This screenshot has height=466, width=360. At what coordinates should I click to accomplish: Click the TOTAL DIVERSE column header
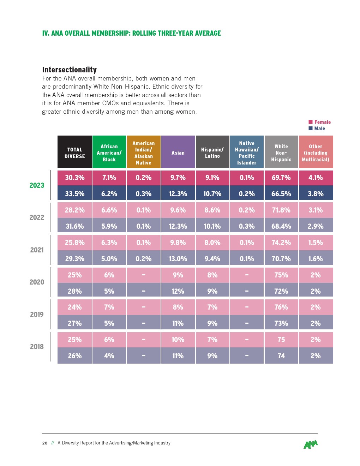point(74,153)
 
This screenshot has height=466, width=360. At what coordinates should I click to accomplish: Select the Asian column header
point(178,153)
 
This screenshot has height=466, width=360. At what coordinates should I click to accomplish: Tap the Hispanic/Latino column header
point(212,153)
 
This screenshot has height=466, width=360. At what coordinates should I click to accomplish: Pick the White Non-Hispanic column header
point(281,153)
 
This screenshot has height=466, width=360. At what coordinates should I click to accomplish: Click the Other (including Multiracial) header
point(316,153)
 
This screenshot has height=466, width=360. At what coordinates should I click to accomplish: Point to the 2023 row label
point(37,185)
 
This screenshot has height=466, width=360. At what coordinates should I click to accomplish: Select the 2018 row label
point(37,347)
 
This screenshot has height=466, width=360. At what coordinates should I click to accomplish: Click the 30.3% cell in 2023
point(74,178)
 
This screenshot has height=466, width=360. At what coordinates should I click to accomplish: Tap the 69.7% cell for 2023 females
point(281,178)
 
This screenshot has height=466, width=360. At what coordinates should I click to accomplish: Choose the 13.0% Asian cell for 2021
point(178,259)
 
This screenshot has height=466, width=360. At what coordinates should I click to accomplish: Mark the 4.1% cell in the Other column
point(316,178)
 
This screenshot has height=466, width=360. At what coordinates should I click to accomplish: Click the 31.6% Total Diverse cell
point(74,226)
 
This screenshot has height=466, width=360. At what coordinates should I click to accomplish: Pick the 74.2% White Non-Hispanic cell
point(281,243)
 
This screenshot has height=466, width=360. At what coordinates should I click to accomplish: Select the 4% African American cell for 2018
point(109,356)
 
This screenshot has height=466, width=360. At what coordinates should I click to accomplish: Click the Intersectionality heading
point(70,70)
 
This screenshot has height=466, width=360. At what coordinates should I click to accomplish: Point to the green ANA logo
point(311,444)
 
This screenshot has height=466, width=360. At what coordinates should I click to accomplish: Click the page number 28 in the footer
point(45,443)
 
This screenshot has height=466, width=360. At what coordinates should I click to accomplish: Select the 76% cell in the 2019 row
point(281,307)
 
